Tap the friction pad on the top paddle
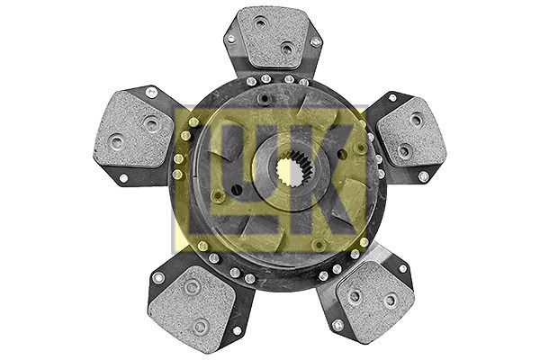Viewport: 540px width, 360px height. point(273,37)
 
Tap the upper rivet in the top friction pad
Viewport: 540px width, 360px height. point(261,25)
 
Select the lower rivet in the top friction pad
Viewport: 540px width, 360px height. point(286,49)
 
